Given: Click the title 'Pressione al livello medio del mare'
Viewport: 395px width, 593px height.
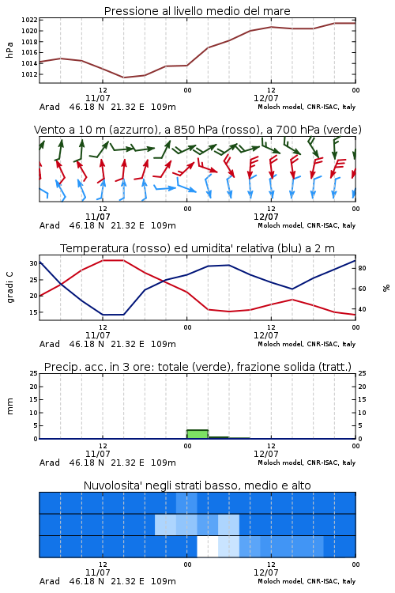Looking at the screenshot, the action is tap(197, 11).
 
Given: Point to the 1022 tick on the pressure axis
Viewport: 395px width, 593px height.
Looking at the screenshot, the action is tap(29, 20).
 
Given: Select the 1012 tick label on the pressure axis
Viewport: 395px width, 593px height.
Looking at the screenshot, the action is tap(29, 74).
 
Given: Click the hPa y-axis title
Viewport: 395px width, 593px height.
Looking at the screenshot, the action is tap(9, 50).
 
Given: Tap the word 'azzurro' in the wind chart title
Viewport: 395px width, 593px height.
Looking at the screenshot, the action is tap(134, 130).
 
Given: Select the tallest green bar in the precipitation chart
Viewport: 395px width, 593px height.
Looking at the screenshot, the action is tap(197, 434).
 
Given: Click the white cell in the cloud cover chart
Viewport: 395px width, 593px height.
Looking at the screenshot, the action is tap(208, 546).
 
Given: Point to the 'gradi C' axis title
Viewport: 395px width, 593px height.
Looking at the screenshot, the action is tap(9, 288).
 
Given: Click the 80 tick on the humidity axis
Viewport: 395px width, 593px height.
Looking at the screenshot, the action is tap(362, 268).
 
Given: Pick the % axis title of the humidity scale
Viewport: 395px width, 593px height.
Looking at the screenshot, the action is tap(386, 288).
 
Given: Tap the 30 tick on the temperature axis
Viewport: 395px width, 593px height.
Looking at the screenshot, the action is tap(34, 263).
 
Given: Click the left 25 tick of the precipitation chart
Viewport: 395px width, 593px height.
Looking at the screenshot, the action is tap(34, 373).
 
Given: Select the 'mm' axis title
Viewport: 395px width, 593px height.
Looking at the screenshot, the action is tap(9, 406).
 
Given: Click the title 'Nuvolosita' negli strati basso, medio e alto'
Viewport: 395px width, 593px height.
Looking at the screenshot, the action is tap(197, 485).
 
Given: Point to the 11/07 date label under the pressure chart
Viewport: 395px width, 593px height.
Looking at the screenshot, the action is tap(97, 98).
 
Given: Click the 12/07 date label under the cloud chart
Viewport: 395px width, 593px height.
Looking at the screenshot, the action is tap(265, 572).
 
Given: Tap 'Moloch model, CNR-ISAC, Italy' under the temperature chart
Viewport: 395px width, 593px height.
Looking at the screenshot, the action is tap(307, 344).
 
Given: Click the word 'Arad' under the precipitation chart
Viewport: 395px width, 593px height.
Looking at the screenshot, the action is tap(50, 463).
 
